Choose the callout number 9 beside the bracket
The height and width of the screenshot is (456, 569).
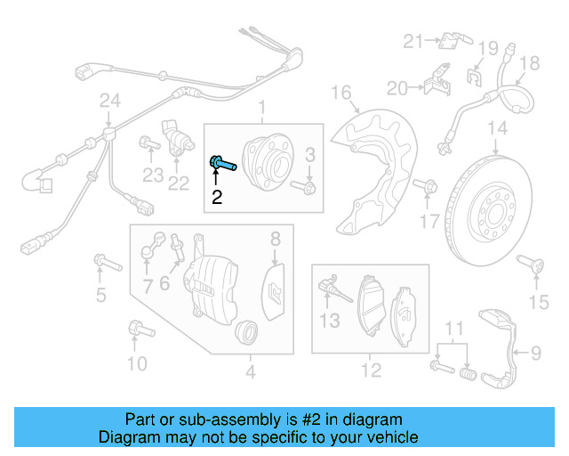tap(536, 354)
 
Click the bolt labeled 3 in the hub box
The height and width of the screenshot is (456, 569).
tap(309, 187)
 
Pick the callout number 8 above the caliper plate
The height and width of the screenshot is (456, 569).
tap(276, 238)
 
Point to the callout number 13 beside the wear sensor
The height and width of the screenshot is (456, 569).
tap(330, 320)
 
